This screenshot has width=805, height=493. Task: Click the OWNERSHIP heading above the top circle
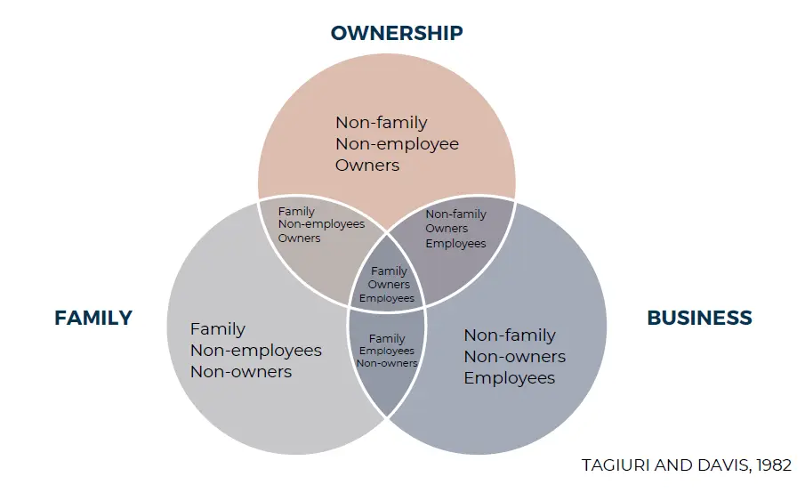397,33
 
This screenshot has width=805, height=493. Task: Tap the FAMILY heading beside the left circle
93,318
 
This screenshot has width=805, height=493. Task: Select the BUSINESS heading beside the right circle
699,318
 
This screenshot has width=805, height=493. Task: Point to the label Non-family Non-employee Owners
397,143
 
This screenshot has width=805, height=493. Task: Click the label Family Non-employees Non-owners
255,351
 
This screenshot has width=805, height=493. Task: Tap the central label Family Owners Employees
388,285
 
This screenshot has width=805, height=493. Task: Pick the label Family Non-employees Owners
320,224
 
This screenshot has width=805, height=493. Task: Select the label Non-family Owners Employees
455,229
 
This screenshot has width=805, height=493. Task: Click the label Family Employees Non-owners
387,351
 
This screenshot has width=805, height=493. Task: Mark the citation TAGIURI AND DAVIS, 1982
686,465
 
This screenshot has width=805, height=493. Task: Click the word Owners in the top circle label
367,165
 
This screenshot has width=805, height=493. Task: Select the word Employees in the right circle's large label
509,378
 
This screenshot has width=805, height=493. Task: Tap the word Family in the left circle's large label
217,329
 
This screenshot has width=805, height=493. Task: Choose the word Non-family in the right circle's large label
510,335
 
